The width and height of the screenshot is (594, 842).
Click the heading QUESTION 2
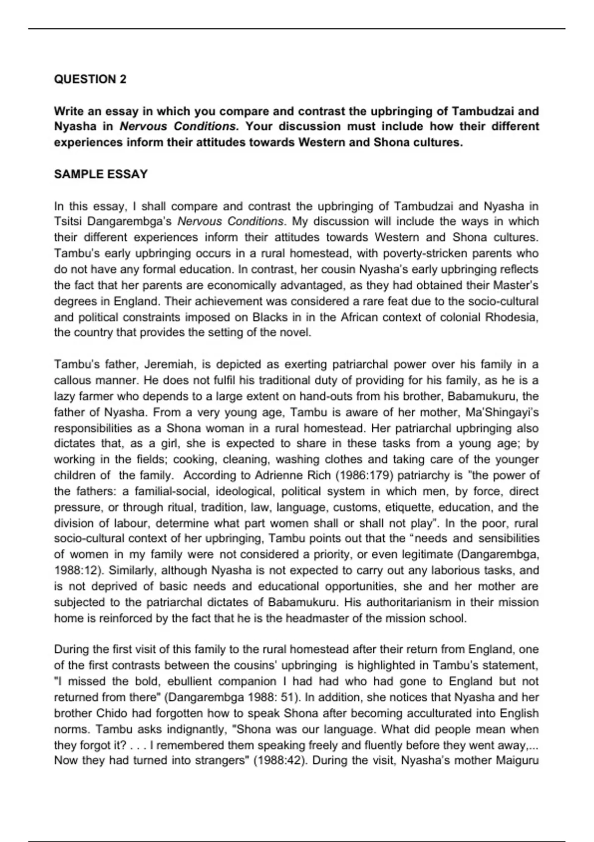90,79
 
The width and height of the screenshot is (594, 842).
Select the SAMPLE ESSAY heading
101,174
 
